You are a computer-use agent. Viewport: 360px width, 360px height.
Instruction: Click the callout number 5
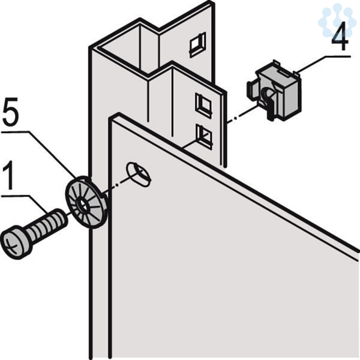coord(11,114)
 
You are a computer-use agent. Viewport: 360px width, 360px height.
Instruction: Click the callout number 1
coord(8,175)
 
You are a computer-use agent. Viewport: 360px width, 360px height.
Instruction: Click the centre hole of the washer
coord(83,205)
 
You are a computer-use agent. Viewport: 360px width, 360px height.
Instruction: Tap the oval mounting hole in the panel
coord(139,175)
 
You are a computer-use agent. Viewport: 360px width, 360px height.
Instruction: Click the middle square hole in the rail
coord(203,105)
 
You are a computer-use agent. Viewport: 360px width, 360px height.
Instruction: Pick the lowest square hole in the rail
coord(204,136)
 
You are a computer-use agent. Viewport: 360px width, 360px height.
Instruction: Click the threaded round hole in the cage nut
coord(268,94)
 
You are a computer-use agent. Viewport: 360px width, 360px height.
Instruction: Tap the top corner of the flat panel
coord(118,113)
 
